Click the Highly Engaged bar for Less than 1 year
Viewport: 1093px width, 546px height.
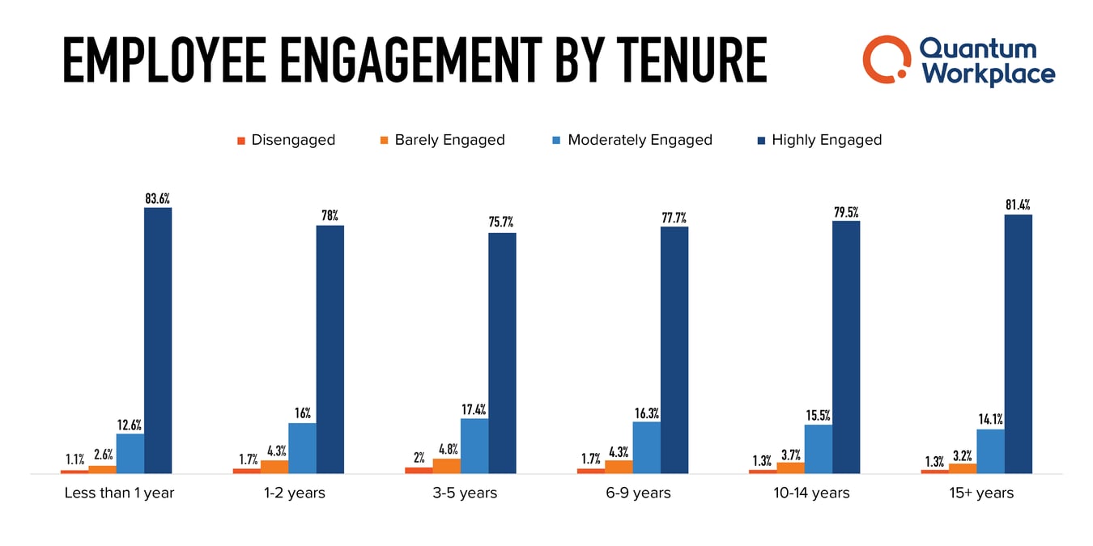158,340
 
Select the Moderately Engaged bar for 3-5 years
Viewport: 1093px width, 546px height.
474,446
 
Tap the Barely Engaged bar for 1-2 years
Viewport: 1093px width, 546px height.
274,467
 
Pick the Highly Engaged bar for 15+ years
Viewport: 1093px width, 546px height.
1018,344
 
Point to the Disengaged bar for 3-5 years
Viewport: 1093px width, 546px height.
419,470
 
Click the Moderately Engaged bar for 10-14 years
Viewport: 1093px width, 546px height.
818,449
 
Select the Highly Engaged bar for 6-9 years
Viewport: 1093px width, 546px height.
674,349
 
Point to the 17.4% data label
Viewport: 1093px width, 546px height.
474,409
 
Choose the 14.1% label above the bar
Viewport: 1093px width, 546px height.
991,420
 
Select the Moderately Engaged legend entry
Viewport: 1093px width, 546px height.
632,140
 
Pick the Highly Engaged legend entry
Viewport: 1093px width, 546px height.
818,140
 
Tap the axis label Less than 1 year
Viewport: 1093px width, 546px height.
119,493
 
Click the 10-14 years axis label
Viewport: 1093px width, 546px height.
811,493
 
